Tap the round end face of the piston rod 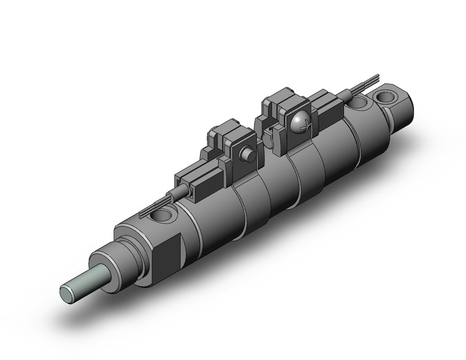[x=67, y=293]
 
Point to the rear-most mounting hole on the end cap [x=386, y=97]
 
